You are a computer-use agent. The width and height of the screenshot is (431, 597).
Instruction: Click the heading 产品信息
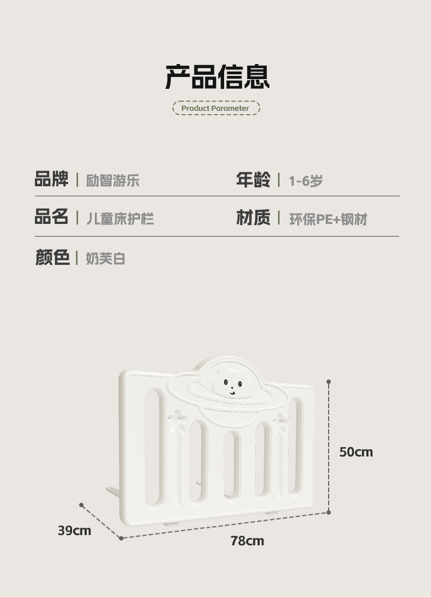(x=217, y=76)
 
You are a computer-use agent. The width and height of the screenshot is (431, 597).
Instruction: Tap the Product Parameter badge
(x=215, y=108)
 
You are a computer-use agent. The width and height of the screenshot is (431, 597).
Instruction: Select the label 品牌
(x=52, y=179)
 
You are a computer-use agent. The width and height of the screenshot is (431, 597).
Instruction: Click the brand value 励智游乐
(x=113, y=180)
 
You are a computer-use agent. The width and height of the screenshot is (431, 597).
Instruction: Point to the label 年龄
(x=253, y=179)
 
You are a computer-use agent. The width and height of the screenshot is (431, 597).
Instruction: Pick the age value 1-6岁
(x=305, y=181)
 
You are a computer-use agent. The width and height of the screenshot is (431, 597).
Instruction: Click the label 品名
(x=52, y=217)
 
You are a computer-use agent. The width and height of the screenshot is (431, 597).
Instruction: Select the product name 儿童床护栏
(x=120, y=219)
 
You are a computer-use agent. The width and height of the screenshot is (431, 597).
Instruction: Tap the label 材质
(x=253, y=218)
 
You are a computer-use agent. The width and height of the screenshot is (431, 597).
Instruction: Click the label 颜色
(x=52, y=257)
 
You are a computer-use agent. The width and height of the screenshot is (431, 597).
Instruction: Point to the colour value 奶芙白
(x=106, y=258)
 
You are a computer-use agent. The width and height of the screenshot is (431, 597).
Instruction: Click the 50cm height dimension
(x=356, y=452)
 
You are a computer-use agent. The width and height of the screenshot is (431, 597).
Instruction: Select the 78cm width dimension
(x=247, y=540)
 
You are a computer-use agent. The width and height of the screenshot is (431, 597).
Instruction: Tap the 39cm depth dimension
(x=74, y=531)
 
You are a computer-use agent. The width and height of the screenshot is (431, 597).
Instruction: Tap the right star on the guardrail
(x=280, y=423)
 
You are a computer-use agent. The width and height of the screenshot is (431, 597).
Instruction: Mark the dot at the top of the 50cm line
(x=329, y=381)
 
